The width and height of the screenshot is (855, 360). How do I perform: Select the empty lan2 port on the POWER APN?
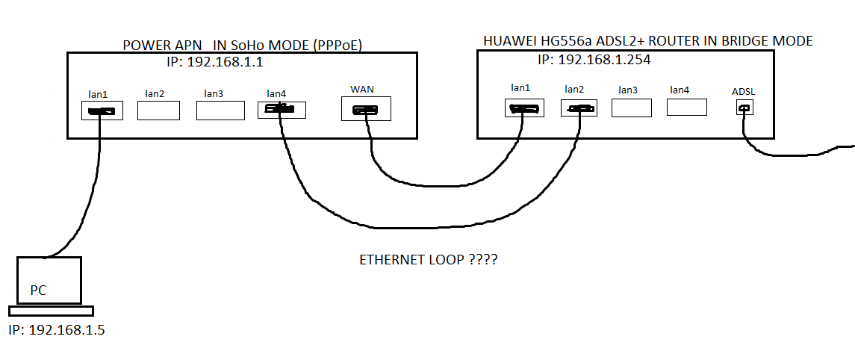click(158, 111)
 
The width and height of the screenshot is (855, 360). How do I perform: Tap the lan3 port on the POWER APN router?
click(220, 111)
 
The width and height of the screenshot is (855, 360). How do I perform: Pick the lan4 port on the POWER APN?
click(282, 111)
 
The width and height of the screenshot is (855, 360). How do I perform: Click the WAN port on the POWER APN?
click(366, 111)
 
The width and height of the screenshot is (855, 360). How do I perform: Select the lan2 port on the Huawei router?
click(579, 108)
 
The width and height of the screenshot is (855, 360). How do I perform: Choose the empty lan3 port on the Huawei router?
click(632, 108)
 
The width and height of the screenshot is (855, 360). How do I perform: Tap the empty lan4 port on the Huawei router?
click(687, 107)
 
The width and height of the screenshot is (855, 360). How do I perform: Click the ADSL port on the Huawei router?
click(744, 108)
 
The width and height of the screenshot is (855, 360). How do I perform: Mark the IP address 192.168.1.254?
click(594, 60)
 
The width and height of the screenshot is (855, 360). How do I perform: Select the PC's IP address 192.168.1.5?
click(57, 329)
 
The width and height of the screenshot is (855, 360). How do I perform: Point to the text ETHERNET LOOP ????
click(429, 261)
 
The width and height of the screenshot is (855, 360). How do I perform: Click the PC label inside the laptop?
click(38, 290)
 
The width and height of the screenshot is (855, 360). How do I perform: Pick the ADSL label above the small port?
click(744, 92)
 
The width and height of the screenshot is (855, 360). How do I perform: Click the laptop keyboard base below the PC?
click(51, 311)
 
